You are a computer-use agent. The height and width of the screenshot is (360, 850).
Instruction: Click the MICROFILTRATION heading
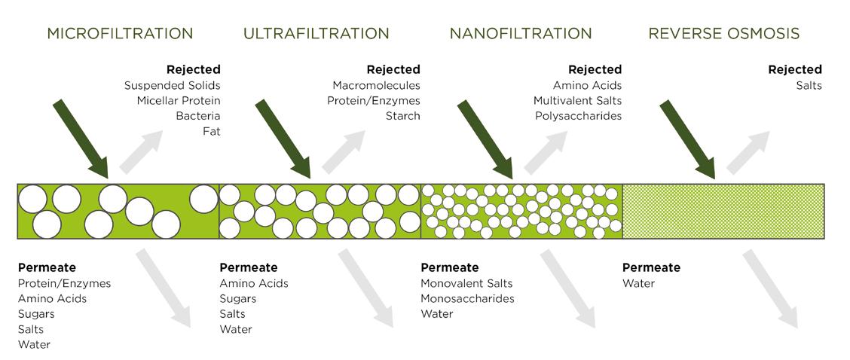tap(120, 34)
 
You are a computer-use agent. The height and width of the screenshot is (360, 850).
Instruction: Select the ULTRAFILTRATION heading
tap(316, 34)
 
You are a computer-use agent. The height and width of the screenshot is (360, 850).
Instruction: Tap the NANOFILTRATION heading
tap(520, 34)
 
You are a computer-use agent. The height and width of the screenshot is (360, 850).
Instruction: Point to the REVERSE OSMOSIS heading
tap(723, 34)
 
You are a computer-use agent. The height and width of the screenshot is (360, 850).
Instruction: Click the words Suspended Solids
tap(172, 86)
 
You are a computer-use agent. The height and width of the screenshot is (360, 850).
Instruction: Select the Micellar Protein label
tap(179, 101)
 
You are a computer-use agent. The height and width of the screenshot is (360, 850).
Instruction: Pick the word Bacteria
tap(197, 116)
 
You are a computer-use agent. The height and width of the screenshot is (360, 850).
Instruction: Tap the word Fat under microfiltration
tap(212, 131)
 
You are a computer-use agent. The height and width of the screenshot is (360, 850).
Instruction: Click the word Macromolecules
tap(376, 86)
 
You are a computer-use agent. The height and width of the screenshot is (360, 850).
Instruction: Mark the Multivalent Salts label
tap(577, 101)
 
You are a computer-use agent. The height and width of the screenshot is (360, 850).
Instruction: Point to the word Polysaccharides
tap(578, 116)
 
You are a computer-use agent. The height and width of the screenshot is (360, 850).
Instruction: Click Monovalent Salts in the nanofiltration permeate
tap(466, 283)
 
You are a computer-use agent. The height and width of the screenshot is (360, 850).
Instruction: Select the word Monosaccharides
tap(467, 298)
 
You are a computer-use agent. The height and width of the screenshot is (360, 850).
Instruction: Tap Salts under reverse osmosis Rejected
tap(809, 86)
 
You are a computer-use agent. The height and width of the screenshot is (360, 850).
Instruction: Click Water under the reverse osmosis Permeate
tap(638, 283)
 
